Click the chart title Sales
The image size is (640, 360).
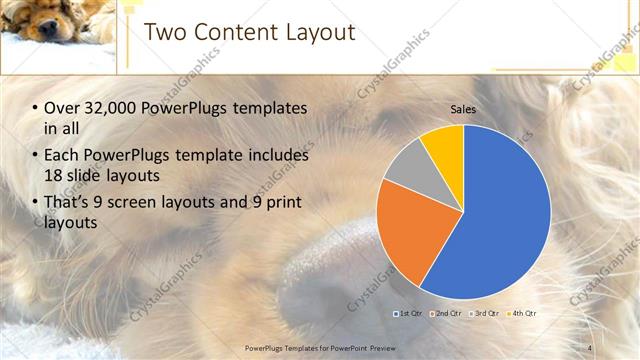pos(463,108)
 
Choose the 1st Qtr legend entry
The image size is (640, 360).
pos(408,314)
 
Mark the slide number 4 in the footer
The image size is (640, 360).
pos(590,348)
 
